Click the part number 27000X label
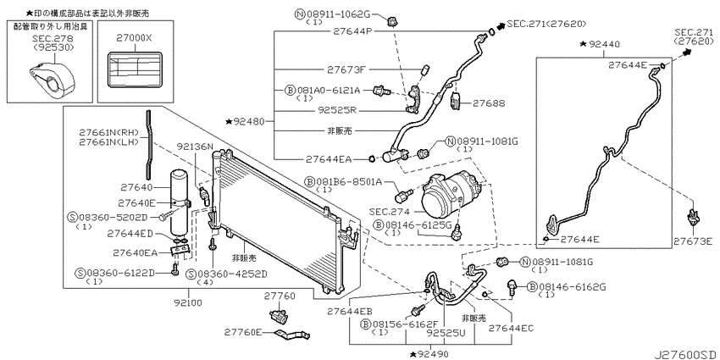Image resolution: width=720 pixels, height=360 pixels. pos(136,40)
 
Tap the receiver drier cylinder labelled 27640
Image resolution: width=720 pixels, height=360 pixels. pos(179,202)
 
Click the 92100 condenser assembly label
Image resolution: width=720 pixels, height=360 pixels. pos(188,303)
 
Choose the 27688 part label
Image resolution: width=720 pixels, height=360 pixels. pos(490,104)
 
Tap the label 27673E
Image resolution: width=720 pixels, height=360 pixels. pos(695,241)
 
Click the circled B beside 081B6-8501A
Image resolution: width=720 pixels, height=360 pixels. pos(309,182)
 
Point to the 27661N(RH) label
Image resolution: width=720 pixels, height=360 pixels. pos(108,133)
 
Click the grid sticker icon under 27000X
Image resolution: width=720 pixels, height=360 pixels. pos(135,69)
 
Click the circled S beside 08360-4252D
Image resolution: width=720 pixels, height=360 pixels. pos(191,274)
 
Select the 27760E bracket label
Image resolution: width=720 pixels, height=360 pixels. pos(243,332)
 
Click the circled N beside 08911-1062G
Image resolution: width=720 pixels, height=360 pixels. pos(300,14)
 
